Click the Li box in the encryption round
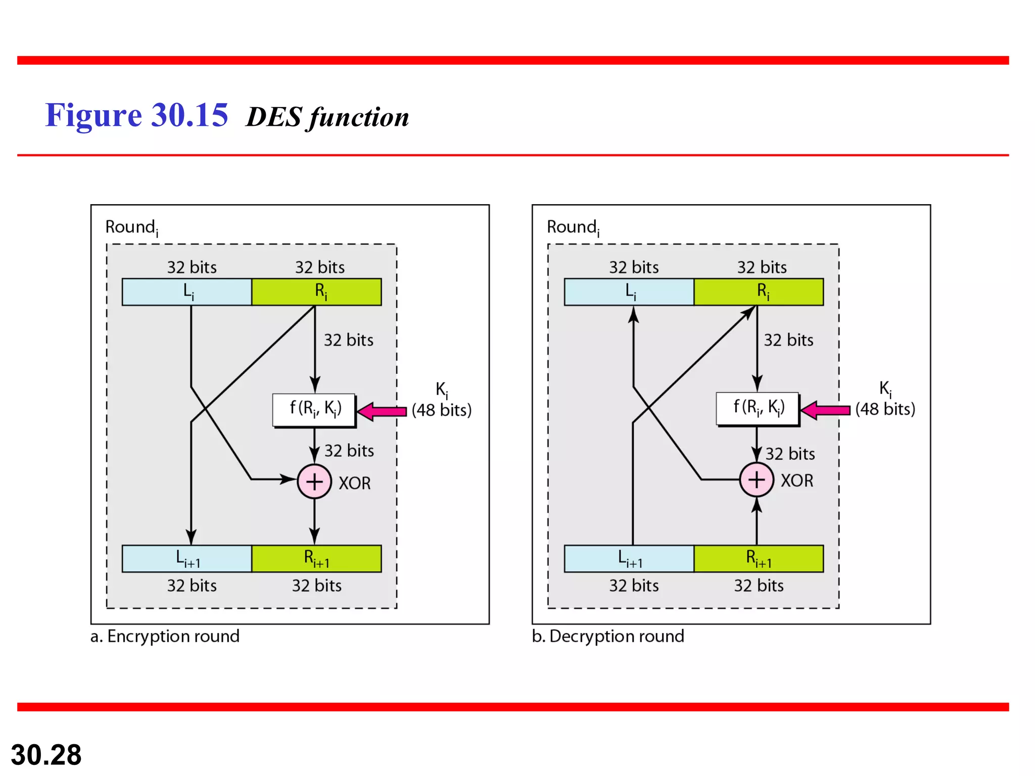tap(187, 292)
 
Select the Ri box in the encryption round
tap(317, 292)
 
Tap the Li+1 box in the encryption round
tap(187, 559)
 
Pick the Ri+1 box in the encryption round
tap(317, 559)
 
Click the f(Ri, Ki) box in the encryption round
tap(314, 410)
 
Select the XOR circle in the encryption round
tap(314, 481)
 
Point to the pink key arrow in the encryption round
tap(382, 412)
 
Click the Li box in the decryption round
tap(629, 292)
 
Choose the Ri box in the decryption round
tap(759, 292)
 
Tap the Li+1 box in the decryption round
tap(629, 559)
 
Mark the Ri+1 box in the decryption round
tap(759, 559)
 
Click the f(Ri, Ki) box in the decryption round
tap(758, 409)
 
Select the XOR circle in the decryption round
tap(757, 479)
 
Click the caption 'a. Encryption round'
tap(165, 636)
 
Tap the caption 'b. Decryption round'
tap(608, 636)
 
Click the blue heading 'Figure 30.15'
tap(136, 115)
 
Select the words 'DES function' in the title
tap(327, 117)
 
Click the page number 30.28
tap(46, 755)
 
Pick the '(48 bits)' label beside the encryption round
tap(442, 410)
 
